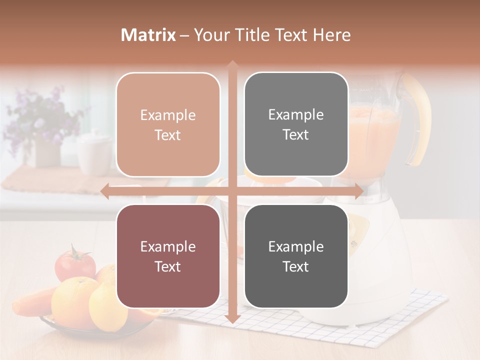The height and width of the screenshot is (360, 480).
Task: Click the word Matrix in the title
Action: [148, 35]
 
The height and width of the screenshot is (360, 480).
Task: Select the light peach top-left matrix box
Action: [168, 124]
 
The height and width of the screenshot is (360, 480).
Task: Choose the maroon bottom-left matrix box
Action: [168, 256]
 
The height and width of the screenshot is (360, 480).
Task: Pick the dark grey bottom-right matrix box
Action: [296, 256]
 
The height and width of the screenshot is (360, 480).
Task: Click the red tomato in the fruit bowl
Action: [75, 264]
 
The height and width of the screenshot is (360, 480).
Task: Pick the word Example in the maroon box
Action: [168, 246]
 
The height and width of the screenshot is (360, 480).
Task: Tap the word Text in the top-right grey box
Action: [296, 134]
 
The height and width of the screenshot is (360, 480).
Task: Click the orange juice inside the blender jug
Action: [375, 130]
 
